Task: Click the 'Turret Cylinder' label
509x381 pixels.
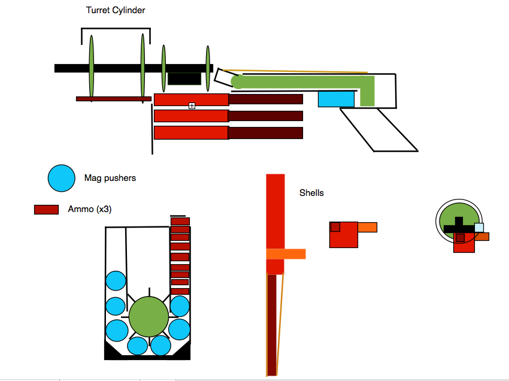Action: (x=116, y=10)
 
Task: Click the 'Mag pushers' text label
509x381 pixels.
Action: (x=110, y=178)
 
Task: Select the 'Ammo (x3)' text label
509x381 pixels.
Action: (x=90, y=209)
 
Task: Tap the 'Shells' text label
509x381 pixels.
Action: (x=311, y=193)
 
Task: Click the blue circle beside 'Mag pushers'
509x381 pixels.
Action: (x=62, y=179)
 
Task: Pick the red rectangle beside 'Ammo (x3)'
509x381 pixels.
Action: (x=46, y=210)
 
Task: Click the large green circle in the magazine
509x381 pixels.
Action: (x=149, y=316)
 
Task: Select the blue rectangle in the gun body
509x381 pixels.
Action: (x=336, y=99)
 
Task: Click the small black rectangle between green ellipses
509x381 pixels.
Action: (x=184, y=78)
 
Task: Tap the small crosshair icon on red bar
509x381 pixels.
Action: (x=192, y=105)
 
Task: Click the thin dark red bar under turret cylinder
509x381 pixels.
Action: (x=113, y=98)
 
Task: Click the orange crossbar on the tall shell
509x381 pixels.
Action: (x=286, y=254)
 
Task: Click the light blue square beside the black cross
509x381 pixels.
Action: (x=479, y=228)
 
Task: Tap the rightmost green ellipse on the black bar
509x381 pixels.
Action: (x=208, y=66)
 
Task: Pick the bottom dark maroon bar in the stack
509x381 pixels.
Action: (x=266, y=133)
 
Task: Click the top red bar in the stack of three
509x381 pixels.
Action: (x=191, y=99)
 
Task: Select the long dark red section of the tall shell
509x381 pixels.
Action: (x=272, y=323)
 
